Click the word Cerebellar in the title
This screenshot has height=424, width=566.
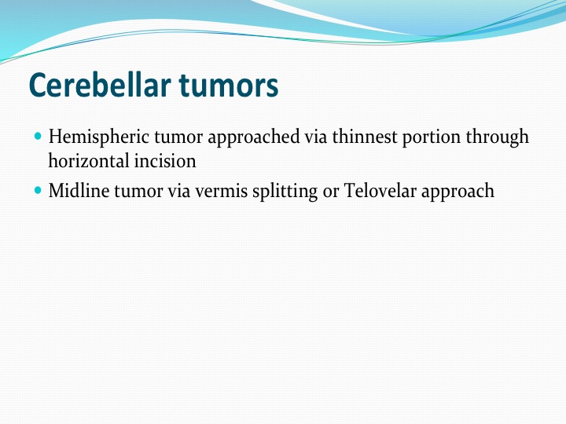point(100,85)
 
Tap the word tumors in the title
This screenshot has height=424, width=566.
point(229,85)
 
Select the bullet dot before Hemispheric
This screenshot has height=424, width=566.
point(38,137)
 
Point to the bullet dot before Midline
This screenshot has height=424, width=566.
point(38,190)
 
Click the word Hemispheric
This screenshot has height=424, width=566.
point(99,137)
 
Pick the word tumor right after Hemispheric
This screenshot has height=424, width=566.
point(178,137)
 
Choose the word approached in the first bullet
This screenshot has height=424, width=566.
point(254,137)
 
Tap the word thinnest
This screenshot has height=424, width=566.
point(365,137)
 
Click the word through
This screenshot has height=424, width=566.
point(497,137)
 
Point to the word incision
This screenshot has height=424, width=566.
point(165,161)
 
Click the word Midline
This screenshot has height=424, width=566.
point(79,190)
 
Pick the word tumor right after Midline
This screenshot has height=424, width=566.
point(138,192)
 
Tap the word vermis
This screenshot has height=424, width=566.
point(221,192)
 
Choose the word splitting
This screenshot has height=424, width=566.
point(285,191)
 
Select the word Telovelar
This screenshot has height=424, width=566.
point(380,190)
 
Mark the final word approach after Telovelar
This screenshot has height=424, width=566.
point(458,191)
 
